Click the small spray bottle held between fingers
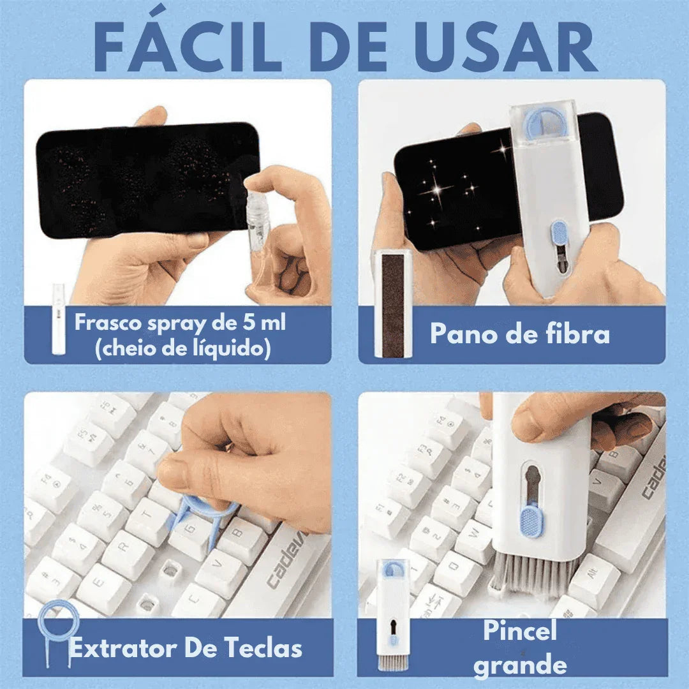pyautogui.click(x=258, y=217)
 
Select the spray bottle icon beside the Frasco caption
pyautogui.click(x=58, y=319)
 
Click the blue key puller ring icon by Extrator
pyautogui.click(x=57, y=632)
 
